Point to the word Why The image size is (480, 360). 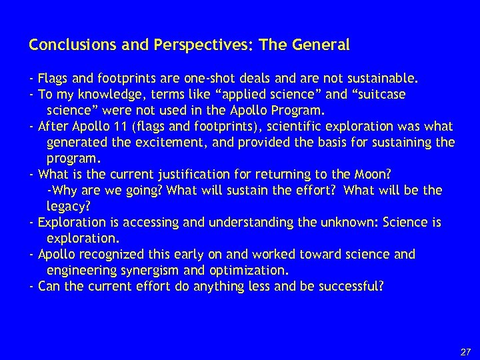61,190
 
